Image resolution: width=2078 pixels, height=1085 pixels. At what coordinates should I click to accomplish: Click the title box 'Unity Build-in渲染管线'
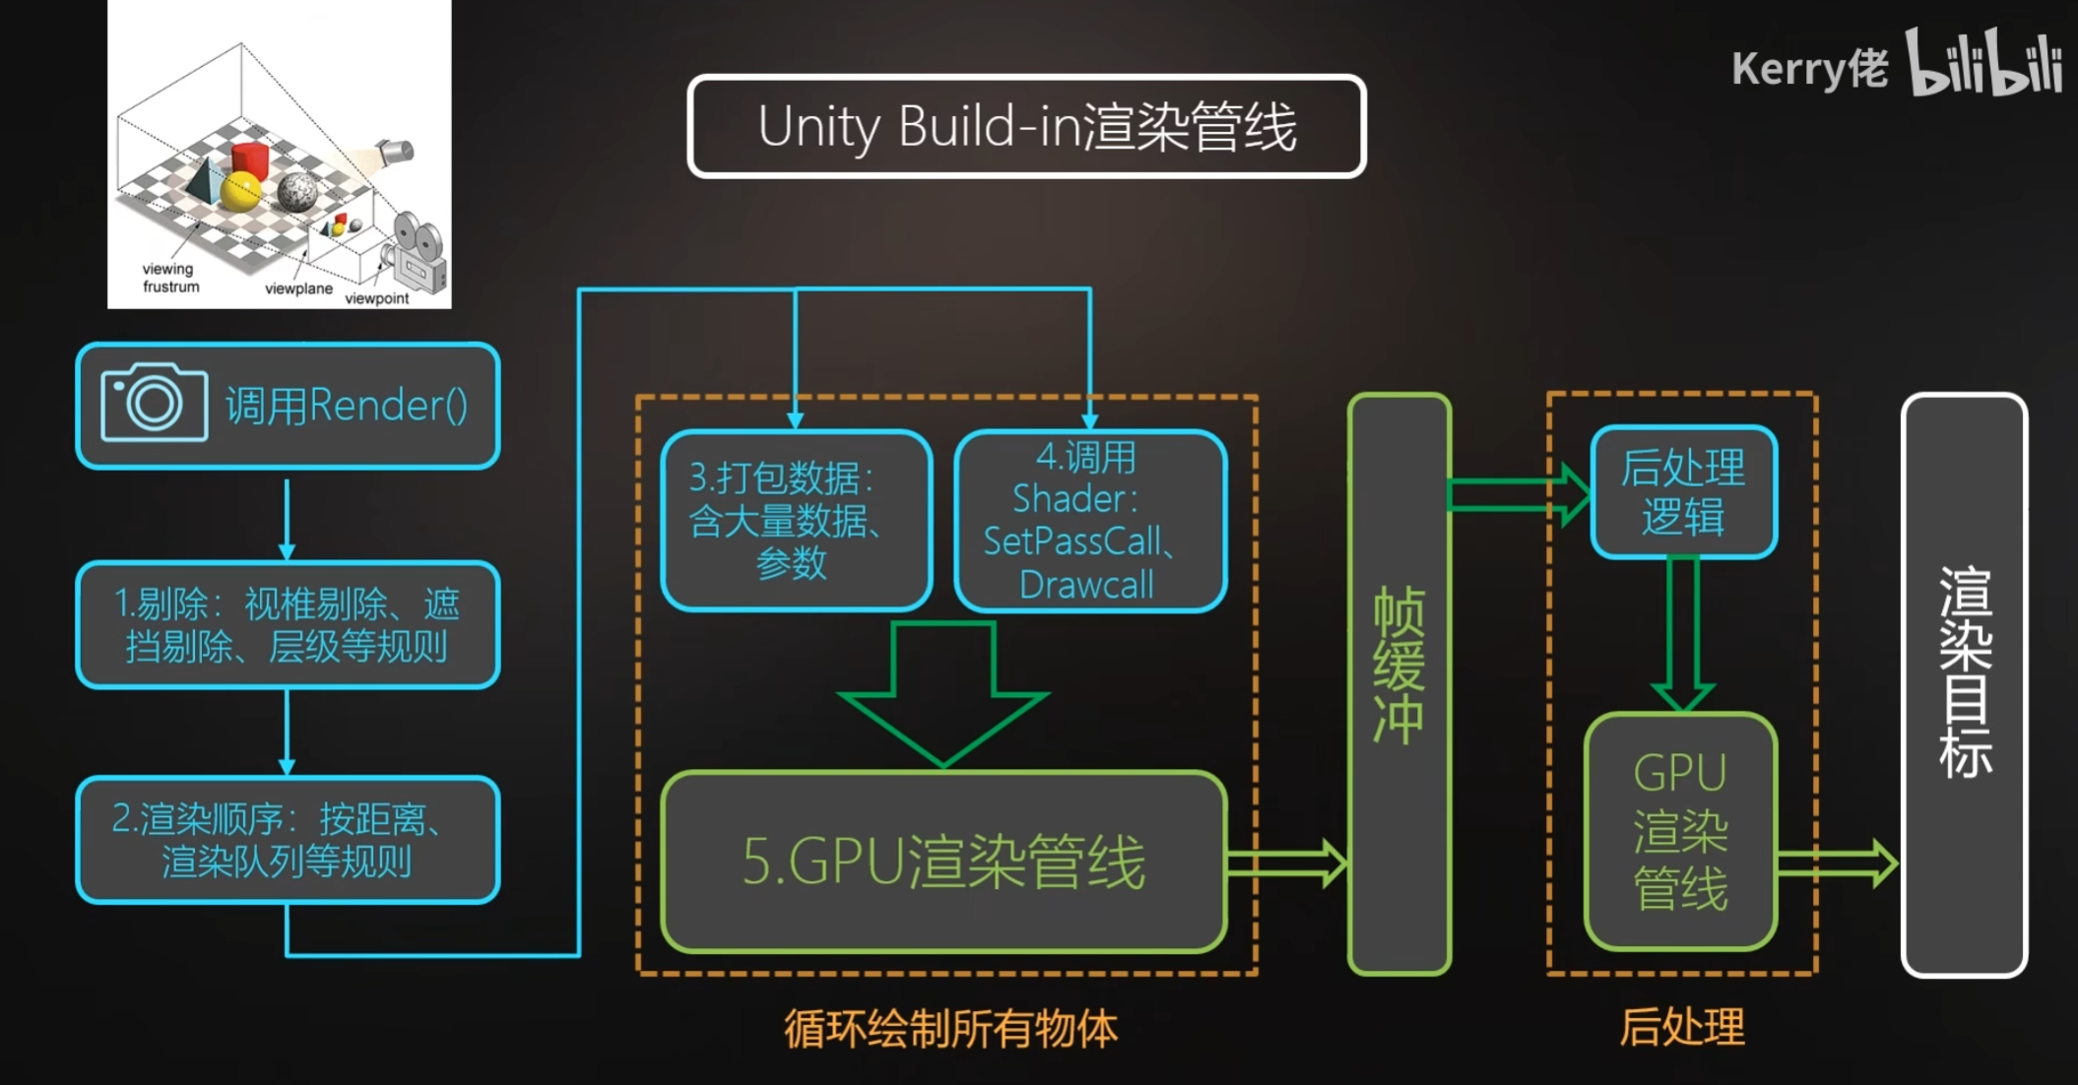(1026, 127)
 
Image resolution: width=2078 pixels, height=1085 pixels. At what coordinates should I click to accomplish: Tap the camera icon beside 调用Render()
(154, 403)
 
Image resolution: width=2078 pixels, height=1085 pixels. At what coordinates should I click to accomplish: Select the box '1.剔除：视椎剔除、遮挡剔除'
(288, 624)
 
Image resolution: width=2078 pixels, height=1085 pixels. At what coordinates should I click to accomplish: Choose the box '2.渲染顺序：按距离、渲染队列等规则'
(288, 840)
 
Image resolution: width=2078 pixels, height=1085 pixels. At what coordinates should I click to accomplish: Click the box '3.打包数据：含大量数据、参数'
(796, 520)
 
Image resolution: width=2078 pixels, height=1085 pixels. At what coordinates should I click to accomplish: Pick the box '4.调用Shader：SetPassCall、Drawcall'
(1089, 520)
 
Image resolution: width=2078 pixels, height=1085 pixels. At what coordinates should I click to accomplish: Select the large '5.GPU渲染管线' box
(943, 862)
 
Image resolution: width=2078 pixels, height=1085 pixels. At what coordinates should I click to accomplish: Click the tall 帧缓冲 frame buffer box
(1398, 684)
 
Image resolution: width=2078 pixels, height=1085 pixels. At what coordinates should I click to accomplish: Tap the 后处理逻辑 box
(1683, 491)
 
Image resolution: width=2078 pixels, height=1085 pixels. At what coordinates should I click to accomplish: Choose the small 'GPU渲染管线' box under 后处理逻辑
(1680, 831)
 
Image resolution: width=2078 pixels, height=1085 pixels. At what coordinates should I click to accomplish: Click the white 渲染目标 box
(1964, 684)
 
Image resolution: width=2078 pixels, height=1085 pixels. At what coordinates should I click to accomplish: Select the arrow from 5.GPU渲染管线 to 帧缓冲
(1286, 863)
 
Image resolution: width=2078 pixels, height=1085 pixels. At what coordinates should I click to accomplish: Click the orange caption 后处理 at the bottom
(1682, 1027)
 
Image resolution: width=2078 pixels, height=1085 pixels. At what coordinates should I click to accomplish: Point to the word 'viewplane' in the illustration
(298, 288)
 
